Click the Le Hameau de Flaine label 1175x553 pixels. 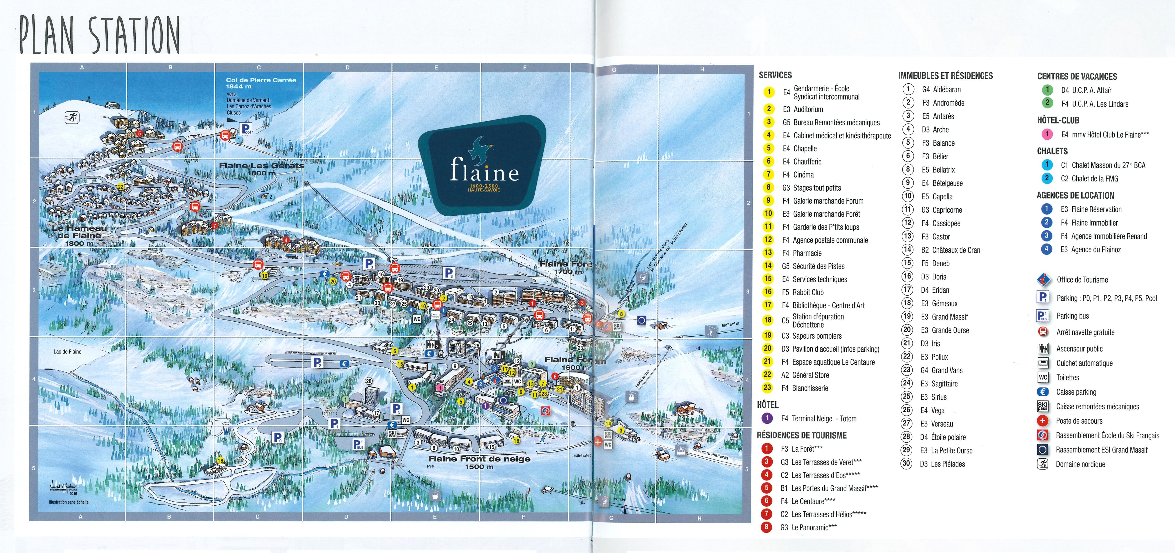pyautogui.click(x=79, y=235)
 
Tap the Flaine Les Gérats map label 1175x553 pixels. pyautogui.click(x=261, y=168)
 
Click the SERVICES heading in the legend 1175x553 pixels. pyautogui.click(x=775, y=75)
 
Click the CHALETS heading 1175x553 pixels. pyautogui.click(x=1052, y=151)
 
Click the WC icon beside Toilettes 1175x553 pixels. pyautogui.click(x=1043, y=377)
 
